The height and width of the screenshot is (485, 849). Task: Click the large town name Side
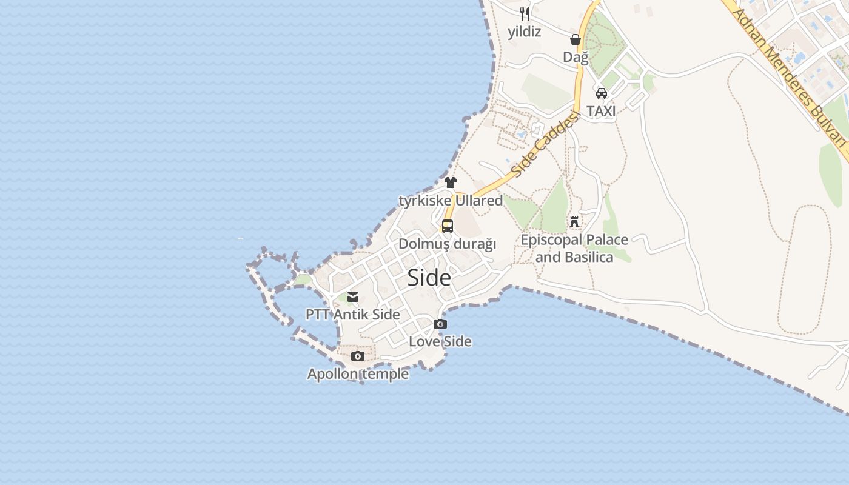(429, 278)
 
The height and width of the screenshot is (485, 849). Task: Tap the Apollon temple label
(358, 374)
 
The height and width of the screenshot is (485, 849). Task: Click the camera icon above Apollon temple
(358, 356)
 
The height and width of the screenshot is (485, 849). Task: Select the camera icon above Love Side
(440, 324)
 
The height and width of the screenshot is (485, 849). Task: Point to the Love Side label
(440, 341)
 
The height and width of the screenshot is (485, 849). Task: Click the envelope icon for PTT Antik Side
(353, 297)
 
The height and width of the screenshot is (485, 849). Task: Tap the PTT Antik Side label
(353, 315)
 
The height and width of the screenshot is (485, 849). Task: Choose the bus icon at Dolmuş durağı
(448, 226)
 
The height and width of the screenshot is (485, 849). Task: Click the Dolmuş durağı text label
(448, 244)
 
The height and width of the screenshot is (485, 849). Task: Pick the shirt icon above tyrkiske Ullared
(451, 182)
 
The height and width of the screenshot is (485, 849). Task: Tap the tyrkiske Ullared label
(451, 200)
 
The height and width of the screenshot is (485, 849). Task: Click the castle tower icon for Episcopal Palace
(574, 222)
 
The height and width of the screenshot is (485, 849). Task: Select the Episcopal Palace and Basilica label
(574, 249)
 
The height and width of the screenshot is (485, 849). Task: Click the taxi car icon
(602, 93)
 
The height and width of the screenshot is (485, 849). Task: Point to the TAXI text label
(602, 111)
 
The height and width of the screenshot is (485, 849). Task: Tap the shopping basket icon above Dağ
(576, 40)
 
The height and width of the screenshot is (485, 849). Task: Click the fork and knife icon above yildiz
(525, 14)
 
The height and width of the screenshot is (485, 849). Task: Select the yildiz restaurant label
(525, 32)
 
